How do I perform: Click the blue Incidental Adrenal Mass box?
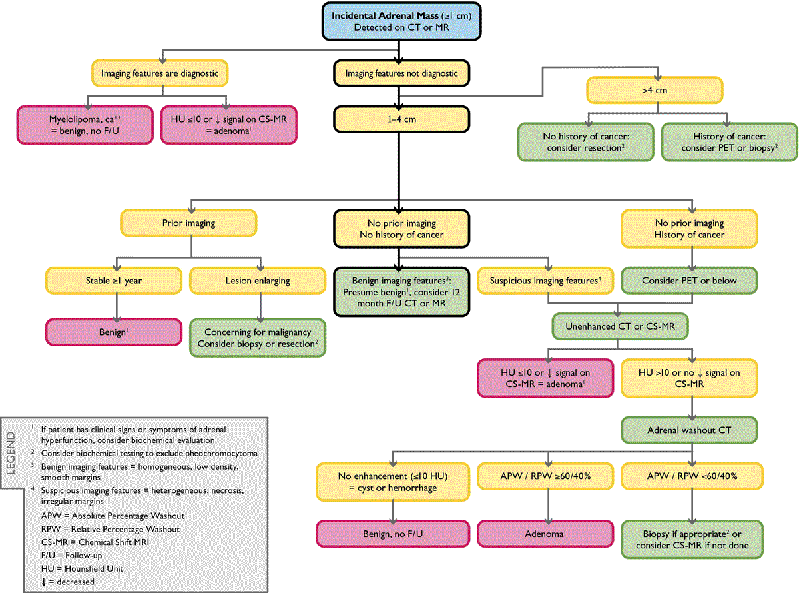tap(401, 21)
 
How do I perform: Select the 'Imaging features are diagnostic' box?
tap(160, 73)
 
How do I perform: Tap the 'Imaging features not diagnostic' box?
tap(401, 73)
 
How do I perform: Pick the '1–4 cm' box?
tap(401, 119)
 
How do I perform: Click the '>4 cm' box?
tap(655, 90)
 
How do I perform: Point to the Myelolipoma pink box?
tap(85, 125)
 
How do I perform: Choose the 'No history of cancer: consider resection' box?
tap(586, 142)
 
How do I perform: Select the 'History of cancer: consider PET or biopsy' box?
tap(730, 142)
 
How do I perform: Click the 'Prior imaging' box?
tap(188, 223)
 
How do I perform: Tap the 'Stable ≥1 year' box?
tap(113, 281)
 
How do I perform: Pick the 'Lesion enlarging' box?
tap(258, 281)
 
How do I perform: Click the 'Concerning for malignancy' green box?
tap(258, 338)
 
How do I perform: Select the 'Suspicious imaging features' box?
tap(545, 281)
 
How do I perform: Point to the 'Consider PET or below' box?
tap(689, 281)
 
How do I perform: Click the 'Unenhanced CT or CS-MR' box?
tap(620, 326)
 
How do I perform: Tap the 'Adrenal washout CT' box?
tap(689, 430)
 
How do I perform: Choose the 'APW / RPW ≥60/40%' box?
tap(545, 476)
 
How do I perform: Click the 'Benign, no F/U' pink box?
tap(393, 534)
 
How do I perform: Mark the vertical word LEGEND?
tap(11, 453)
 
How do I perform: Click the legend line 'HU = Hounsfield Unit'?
tap(82, 568)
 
